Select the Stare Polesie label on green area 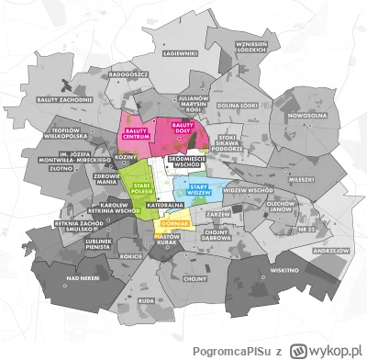pyautogui.click(x=142, y=187)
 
